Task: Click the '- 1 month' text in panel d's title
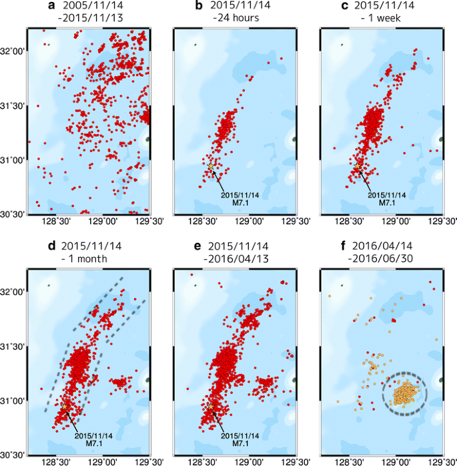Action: click(x=86, y=260)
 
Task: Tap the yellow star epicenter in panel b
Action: click(x=210, y=166)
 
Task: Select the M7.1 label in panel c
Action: click(x=387, y=202)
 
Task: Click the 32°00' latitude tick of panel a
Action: click(x=13, y=51)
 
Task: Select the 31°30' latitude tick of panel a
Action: click(x=13, y=105)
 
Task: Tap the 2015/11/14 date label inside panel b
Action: click(x=240, y=194)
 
